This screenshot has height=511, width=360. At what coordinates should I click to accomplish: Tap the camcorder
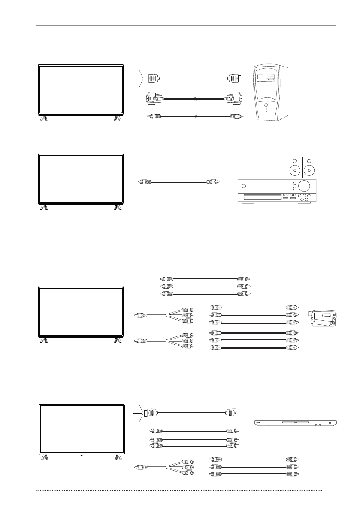(323, 318)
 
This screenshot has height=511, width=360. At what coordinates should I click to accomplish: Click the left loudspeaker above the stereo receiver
(294, 167)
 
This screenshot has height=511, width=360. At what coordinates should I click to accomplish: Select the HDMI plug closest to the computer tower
(234, 79)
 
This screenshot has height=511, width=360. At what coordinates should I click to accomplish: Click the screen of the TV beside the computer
(81, 90)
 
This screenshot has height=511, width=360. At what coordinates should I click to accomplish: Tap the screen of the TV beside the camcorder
(81, 311)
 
